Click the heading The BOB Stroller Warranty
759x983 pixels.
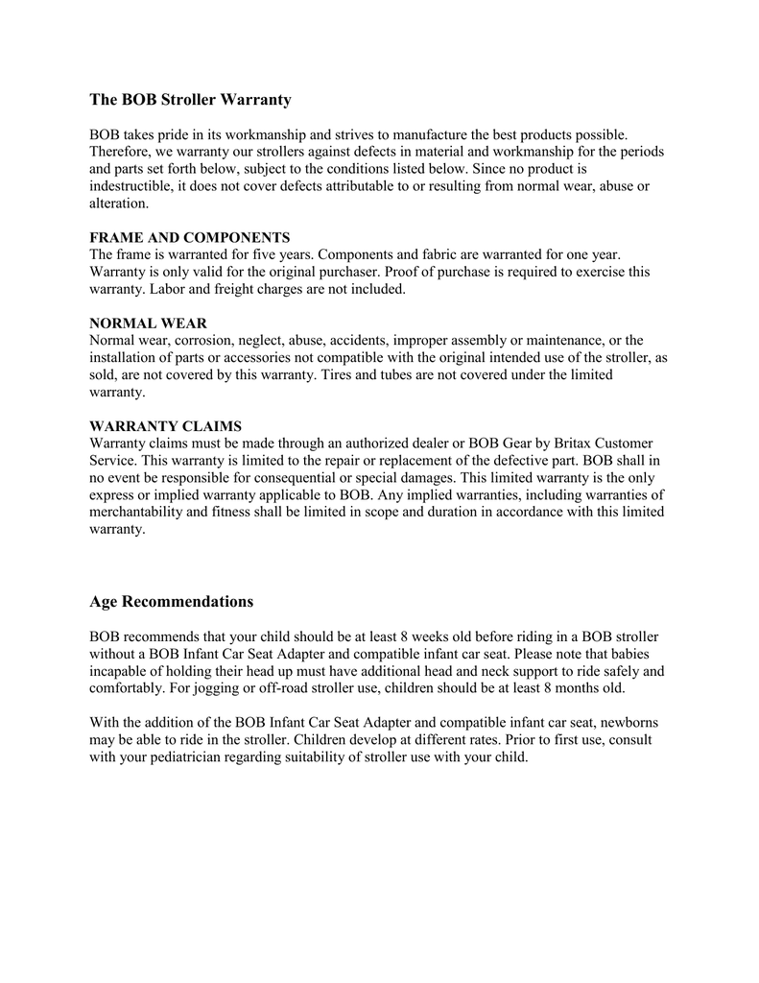[x=190, y=100]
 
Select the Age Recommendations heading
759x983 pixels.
[x=172, y=602]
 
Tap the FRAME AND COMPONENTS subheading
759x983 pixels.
[x=189, y=237]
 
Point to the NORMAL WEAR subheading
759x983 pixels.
[x=148, y=324]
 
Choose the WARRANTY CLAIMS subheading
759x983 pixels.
[x=165, y=426]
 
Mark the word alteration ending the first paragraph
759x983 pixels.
[x=118, y=204]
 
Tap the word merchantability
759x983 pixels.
[x=136, y=512]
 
